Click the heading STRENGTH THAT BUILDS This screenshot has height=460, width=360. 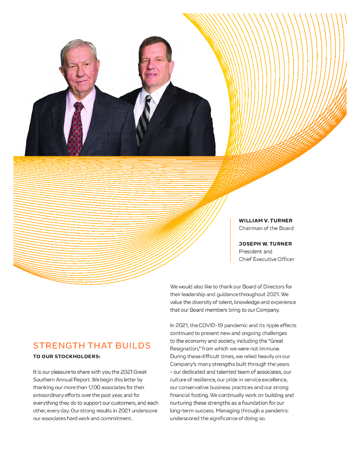[x=92, y=345]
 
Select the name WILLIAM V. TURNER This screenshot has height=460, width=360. [x=265, y=221]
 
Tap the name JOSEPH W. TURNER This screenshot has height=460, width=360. [x=265, y=243]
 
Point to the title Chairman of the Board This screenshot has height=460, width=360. [x=266, y=228]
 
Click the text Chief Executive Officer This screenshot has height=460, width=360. [x=266, y=259]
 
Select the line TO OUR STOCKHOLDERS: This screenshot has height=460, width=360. [x=66, y=357]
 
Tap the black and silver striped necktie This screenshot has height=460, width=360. [x=144, y=119]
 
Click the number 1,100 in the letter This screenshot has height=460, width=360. [x=82, y=380]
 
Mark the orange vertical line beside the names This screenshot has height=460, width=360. [x=230, y=240]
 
